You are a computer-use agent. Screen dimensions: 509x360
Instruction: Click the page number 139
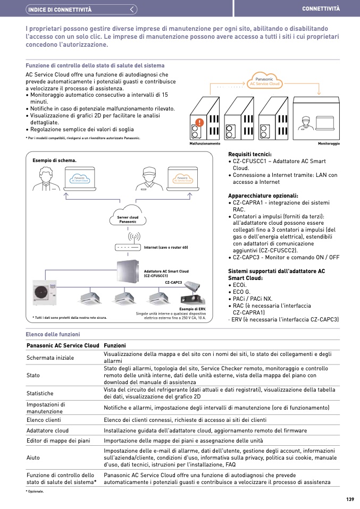pyautogui.click(x=349, y=499)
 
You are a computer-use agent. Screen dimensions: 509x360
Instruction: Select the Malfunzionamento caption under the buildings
pyautogui.click(x=205, y=144)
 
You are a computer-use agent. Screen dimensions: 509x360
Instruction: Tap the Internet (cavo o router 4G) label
pyautogui.click(x=166, y=248)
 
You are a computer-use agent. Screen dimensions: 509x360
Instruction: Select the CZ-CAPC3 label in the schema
pyautogui.click(x=173, y=283)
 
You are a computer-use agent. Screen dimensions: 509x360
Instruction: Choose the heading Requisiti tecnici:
pyautogui.click(x=249, y=155)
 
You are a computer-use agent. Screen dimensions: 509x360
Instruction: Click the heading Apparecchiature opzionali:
pyautogui.click(x=259, y=196)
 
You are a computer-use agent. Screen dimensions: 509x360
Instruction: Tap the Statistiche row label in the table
pyautogui.click(x=40, y=393)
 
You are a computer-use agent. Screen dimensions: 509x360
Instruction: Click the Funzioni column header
pyautogui.click(x=115, y=345)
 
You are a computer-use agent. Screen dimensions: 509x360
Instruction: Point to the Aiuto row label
pyautogui.click(x=33, y=457)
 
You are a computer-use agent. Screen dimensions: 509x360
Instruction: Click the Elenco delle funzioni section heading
pyautogui.click(x=53, y=334)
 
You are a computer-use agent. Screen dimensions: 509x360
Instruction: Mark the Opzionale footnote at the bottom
pyautogui.click(x=35, y=491)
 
